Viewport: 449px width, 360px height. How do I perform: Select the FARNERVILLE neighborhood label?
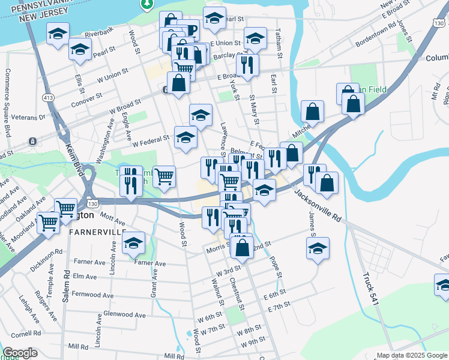(x=97, y=232)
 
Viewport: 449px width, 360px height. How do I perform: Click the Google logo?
(x=20, y=353)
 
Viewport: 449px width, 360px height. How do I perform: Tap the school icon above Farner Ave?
(x=134, y=243)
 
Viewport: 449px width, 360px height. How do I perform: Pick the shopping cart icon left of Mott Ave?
(x=49, y=222)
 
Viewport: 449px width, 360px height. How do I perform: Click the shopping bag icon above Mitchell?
(x=313, y=110)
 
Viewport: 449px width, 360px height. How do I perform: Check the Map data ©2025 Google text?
(x=412, y=355)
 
